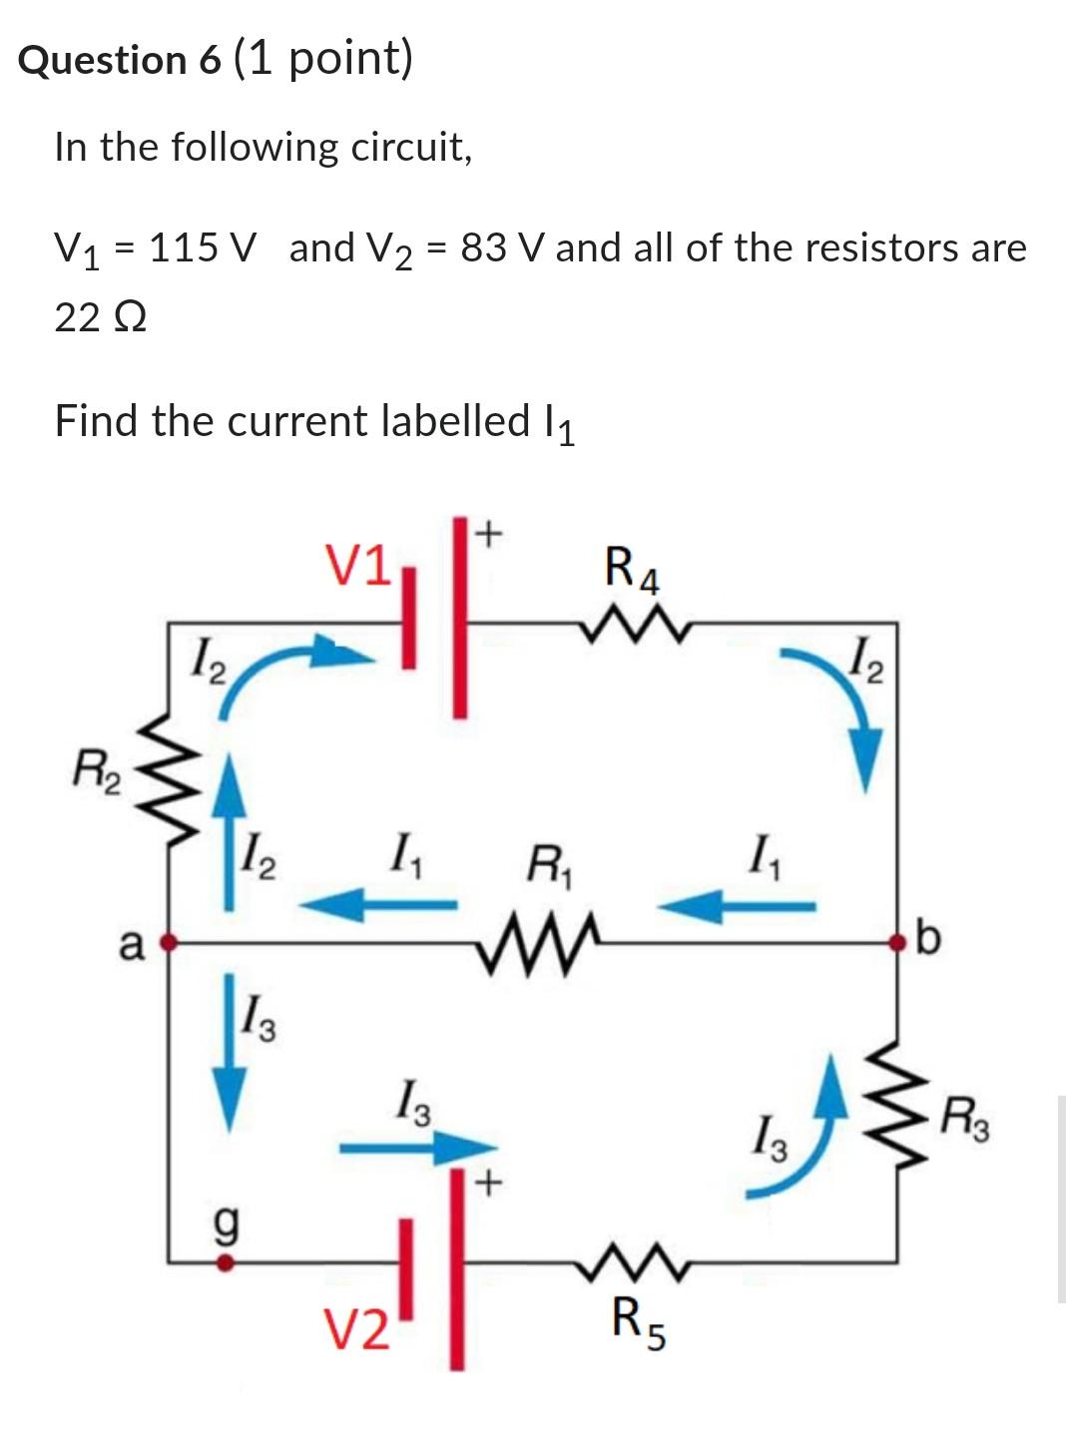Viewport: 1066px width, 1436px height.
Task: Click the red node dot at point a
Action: [169, 940]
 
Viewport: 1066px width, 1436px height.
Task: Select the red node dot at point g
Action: [226, 1262]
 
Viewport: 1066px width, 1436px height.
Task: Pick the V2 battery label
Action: [357, 1331]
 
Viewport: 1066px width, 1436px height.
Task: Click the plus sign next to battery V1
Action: [487, 535]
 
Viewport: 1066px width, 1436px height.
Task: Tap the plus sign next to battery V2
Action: [487, 1185]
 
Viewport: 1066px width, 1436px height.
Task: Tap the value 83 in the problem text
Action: [483, 247]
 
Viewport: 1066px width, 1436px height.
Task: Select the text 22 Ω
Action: [101, 318]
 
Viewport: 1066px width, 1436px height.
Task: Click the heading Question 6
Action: [120, 60]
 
